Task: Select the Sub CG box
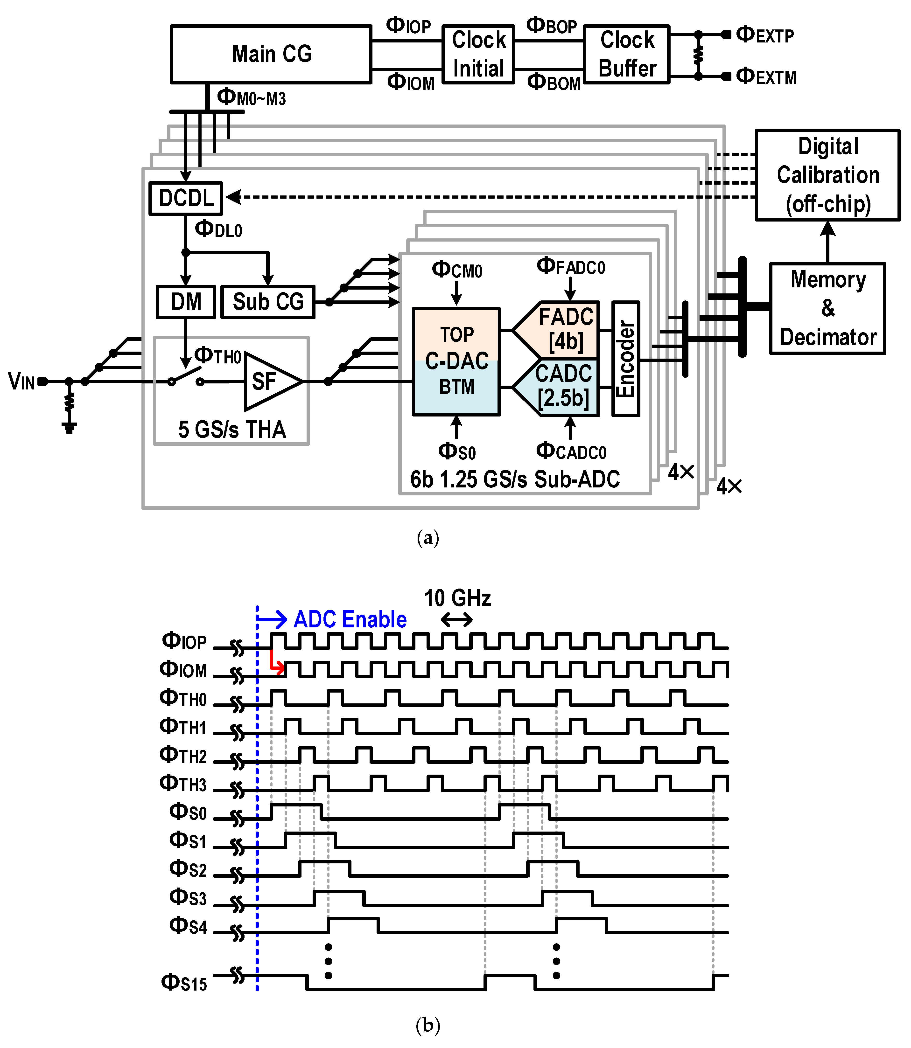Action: coord(268,302)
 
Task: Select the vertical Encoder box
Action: coord(625,359)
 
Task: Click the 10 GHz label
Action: coord(457,598)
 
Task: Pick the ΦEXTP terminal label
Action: coord(764,35)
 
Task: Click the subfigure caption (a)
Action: coord(427,537)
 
